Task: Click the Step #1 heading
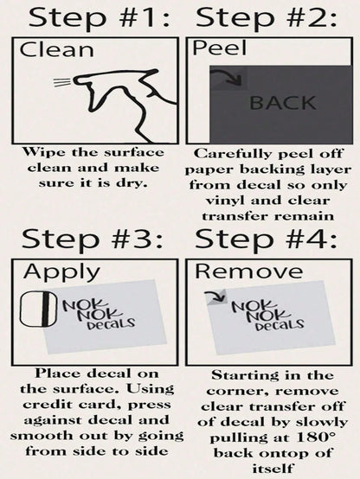99,18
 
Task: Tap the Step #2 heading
266,18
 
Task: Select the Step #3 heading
92,239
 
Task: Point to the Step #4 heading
266,239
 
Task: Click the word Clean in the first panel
56,49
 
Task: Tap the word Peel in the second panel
219,48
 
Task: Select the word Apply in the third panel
61,271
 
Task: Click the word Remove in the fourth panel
249,271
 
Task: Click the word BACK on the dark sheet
283,103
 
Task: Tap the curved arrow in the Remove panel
218,295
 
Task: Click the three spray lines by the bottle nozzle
62,82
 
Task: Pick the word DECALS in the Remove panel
280,324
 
